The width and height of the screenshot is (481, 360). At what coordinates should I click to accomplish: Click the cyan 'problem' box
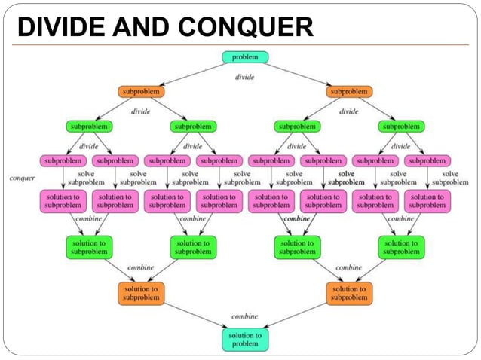pyautogui.click(x=245, y=57)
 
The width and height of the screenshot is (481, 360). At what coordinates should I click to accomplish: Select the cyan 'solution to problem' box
pyautogui.click(x=245, y=339)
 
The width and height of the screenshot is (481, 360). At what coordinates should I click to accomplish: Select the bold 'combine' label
pyautogui.click(x=297, y=218)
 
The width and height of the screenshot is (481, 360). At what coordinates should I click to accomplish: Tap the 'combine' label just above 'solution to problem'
pyautogui.click(x=245, y=316)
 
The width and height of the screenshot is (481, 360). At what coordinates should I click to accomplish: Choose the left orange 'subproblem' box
pyautogui.click(x=140, y=92)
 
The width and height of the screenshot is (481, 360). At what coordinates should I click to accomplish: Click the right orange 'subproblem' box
pyautogui.click(x=349, y=92)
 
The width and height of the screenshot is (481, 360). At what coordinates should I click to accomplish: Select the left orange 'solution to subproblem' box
pyautogui.click(x=140, y=293)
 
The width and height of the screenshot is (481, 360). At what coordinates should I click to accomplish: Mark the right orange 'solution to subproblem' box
pyautogui.click(x=349, y=293)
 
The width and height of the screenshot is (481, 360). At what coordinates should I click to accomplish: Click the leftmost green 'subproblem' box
pyautogui.click(x=88, y=126)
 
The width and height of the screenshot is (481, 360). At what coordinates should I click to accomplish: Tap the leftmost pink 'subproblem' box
pyautogui.click(x=62, y=160)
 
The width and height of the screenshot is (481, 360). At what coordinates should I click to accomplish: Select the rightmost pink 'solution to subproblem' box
pyautogui.click(x=427, y=201)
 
